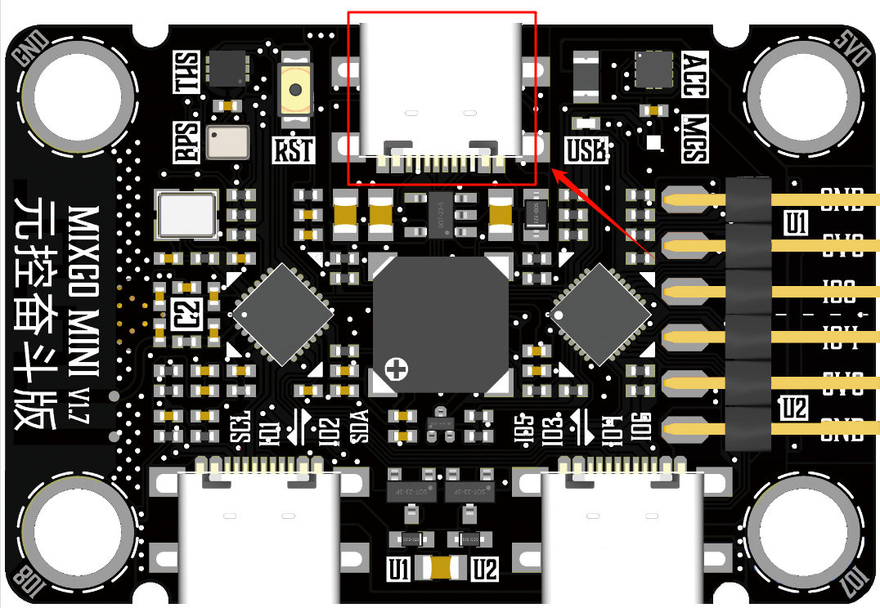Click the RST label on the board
click(294, 150)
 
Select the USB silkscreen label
click(586, 150)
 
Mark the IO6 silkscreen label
click(641, 426)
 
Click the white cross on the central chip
click(397, 369)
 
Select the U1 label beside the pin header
click(794, 223)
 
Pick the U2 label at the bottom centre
click(485, 569)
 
